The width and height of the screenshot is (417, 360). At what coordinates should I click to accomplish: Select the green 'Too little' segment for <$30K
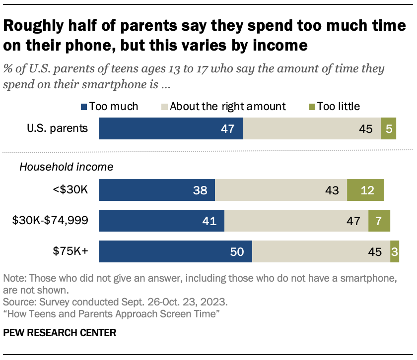pyautogui.click(x=365, y=190)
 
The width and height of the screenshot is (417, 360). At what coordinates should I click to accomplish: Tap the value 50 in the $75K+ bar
pyautogui.click(x=237, y=252)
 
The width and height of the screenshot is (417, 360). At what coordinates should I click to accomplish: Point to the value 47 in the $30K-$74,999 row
pyautogui.click(x=353, y=221)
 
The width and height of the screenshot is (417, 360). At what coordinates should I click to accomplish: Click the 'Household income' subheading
pyautogui.click(x=66, y=167)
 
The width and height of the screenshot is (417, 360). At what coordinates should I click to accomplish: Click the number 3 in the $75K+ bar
pyautogui.click(x=395, y=252)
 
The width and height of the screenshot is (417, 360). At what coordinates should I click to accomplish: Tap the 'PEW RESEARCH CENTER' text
pyautogui.click(x=60, y=333)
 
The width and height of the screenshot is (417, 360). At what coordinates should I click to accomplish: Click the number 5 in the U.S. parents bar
pyautogui.click(x=388, y=128)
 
